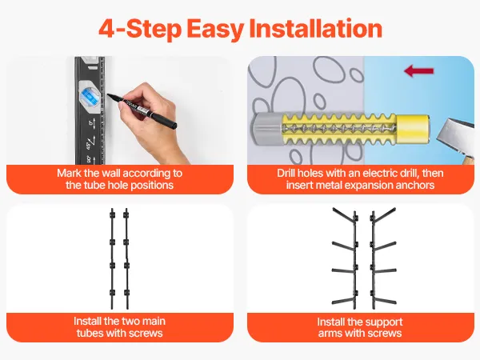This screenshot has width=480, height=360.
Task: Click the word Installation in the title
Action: coord(316,29)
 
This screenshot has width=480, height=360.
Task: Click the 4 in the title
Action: coord(107,29)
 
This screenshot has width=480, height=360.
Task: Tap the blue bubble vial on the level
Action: coord(89,96)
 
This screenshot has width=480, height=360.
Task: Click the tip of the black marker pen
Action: coord(108,95)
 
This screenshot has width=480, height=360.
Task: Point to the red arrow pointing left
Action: coord(418,71)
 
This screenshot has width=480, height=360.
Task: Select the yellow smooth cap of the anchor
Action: coord(413,129)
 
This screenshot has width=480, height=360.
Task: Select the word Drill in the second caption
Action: coord(286,174)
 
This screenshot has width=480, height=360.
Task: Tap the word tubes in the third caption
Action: coord(90,333)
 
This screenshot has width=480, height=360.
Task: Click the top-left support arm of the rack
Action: coord(344,214)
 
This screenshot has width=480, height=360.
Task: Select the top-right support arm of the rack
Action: coord(384,214)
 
